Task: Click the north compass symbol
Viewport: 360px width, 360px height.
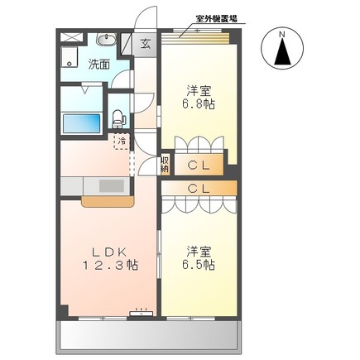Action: point(282,51)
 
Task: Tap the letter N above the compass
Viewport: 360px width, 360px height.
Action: point(282,34)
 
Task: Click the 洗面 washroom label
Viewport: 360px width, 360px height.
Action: point(99,64)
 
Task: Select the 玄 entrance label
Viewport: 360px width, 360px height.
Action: point(145,45)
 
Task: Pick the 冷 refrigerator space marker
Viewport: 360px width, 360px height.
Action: point(122,142)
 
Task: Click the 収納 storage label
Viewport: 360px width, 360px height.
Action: point(166,164)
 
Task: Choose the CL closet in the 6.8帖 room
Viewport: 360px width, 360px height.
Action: point(203,165)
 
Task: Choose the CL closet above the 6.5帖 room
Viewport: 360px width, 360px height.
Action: point(203,189)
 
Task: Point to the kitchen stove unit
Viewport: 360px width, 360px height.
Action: point(110,185)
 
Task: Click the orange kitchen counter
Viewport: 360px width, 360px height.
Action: point(104,201)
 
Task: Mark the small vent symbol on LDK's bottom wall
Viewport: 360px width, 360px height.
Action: point(142,312)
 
